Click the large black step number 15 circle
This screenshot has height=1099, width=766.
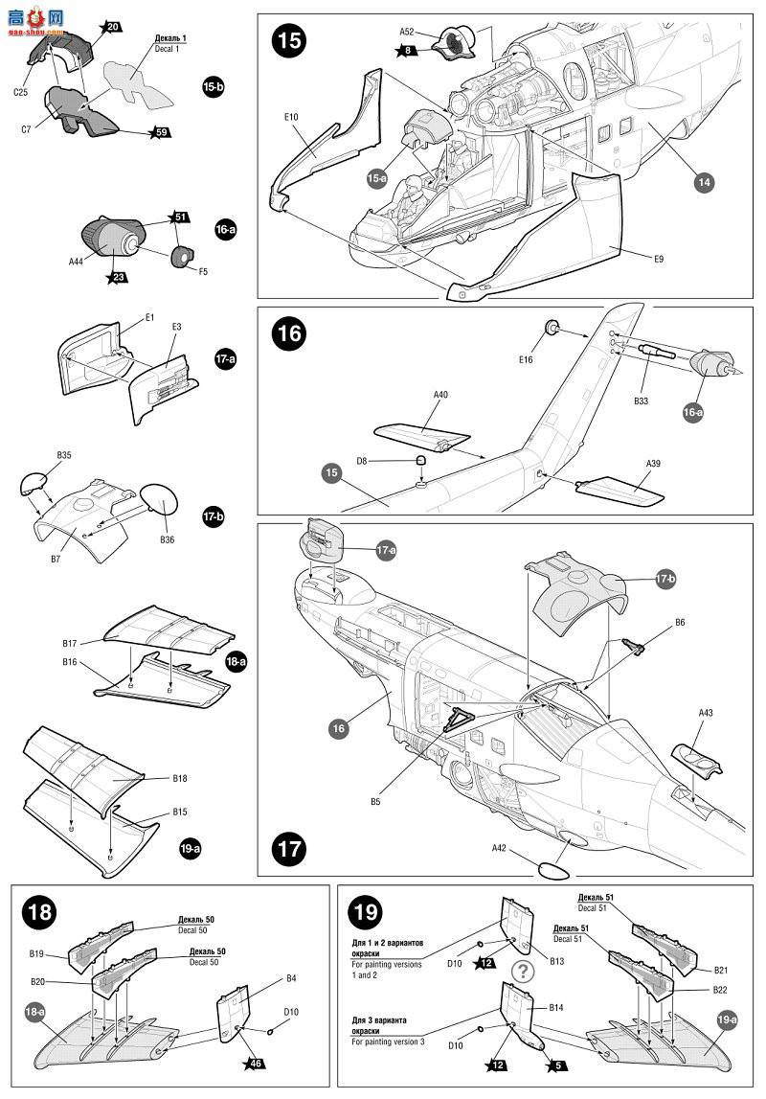click(287, 42)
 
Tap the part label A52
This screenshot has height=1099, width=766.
click(407, 32)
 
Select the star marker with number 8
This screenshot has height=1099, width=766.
click(408, 50)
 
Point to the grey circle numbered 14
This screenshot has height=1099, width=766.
click(705, 181)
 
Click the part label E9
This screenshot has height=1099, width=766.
click(658, 258)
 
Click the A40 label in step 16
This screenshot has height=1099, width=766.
click(440, 394)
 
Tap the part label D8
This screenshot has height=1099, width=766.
click(362, 461)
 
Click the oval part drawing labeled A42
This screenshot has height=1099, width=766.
click(552, 871)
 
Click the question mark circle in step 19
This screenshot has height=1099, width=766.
click(522, 970)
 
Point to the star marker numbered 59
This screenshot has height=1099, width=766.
click(161, 132)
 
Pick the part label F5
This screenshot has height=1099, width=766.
click(203, 271)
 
